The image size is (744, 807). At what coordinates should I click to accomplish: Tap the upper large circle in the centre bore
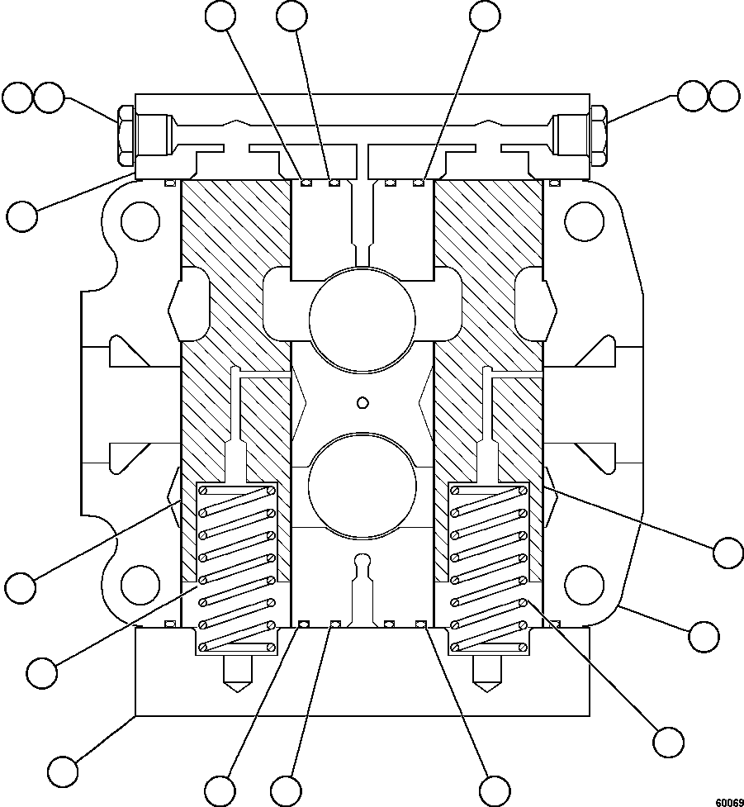point(362,315)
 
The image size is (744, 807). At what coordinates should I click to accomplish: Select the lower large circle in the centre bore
point(362,484)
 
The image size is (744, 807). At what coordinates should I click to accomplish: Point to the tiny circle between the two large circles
point(360,402)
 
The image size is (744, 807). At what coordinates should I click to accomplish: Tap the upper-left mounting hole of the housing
point(140,221)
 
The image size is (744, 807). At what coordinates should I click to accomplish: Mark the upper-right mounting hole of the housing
point(584,221)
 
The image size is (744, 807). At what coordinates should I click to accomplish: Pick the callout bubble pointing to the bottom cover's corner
point(63,771)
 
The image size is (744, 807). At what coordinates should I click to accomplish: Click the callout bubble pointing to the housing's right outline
point(704,637)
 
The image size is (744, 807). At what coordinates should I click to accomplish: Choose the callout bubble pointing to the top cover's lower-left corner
point(21,216)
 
